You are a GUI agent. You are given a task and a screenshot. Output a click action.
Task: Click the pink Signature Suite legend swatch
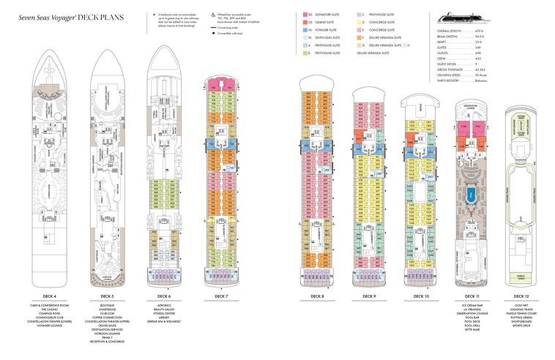pos(304,15)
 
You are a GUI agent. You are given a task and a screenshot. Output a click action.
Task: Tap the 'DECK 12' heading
pos(521,296)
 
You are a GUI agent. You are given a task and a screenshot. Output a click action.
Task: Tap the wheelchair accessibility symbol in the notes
pos(213,15)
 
